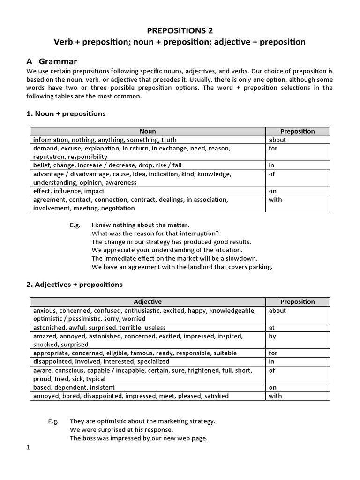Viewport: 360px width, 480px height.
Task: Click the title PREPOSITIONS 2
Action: pyautogui.click(x=180, y=30)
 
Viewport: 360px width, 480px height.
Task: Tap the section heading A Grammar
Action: pyautogui.click(x=52, y=61)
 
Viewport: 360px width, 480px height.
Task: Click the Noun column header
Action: pyautogui.click(x=148, y=131)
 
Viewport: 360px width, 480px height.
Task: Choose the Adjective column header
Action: pyautogui.click(x=148, y=302)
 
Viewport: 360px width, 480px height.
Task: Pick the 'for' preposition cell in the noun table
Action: pyautogui.click(x=273, y=148)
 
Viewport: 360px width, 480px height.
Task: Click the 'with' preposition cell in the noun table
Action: pyautogui.click(x=275, y=199)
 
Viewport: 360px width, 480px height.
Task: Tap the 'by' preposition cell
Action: pyautogui.click(x=272, y=336)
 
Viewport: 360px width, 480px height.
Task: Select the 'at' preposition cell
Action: pyautogui.click(x=272, y=328)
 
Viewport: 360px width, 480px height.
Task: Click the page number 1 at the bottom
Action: pyautogui.click(x=28, y=447)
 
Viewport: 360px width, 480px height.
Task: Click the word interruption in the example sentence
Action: pyautogui.click(x=198, y=233)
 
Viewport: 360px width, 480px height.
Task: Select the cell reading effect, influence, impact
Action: pyautogui.click(x=69, y=191)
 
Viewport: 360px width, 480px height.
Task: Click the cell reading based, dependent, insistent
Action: pyautogui.click(x=74, y=387)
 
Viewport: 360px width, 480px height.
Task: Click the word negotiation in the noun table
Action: pyautogui.click(x=117, y=208)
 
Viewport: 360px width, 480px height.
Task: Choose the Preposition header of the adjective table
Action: pyautogui.click(x=298, y=302)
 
